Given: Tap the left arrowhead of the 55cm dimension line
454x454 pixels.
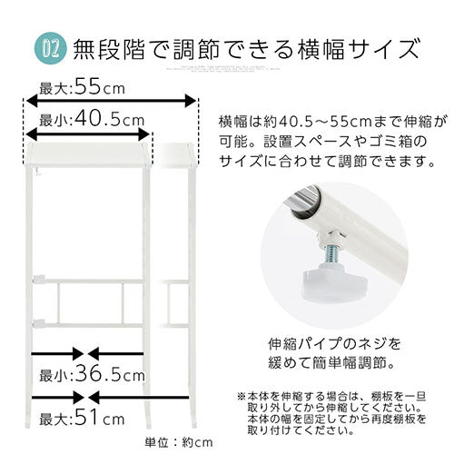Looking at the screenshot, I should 25,103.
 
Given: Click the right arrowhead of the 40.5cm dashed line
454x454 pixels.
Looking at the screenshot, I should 149,133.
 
